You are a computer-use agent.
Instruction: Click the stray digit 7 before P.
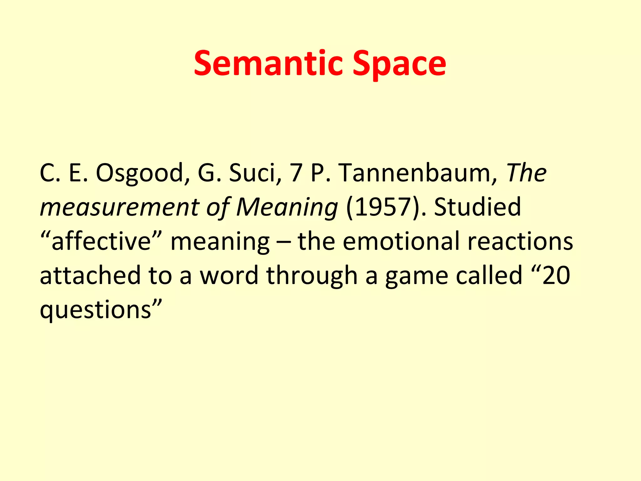point(296,173)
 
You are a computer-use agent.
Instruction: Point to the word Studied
point(477,207)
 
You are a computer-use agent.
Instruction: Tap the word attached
point(90,276)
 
